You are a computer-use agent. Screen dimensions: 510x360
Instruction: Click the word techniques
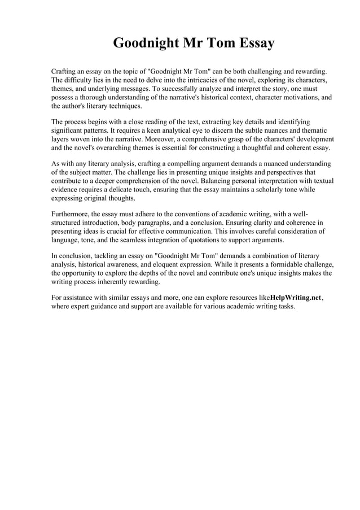pos(123,106)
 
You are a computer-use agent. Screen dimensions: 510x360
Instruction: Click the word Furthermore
pos(70,215)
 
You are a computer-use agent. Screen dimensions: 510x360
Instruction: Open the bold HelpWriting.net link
pos(295,298)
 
